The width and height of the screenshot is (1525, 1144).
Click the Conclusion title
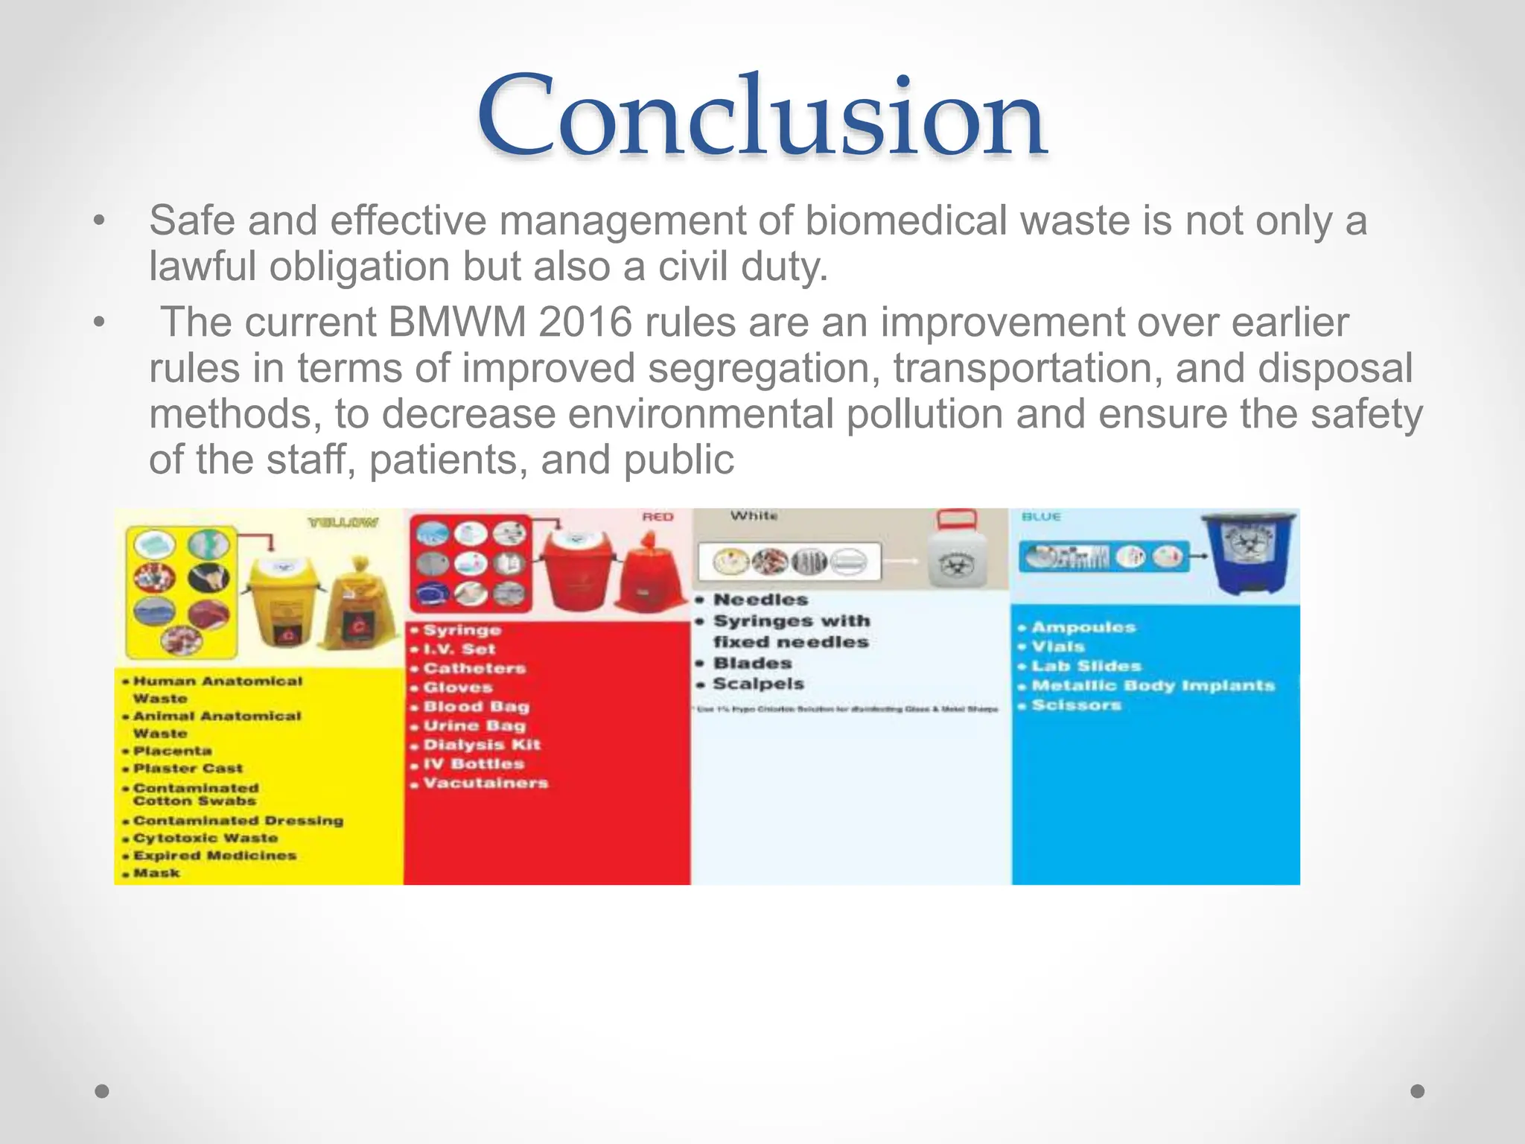tap(762, 118)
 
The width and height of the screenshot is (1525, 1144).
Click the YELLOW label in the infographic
tap(343, 523)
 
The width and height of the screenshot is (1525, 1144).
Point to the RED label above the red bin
tap(658, 517)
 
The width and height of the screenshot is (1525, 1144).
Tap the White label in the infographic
tap(754, 515)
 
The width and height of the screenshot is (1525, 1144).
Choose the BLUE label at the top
tap(1041, 516)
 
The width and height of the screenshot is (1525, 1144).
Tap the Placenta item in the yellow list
tap(172, 751)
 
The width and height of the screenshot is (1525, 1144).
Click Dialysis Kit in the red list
tap(481, 744)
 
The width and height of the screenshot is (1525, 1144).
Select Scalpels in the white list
tap(758, 684)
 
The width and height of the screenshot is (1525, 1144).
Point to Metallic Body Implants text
tap(1153, 685)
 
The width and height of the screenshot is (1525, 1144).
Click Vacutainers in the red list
tap(485, 783)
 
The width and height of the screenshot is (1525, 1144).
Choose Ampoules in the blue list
tap(1083, 627)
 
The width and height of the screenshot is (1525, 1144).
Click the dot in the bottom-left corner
tap(102, 1091)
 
